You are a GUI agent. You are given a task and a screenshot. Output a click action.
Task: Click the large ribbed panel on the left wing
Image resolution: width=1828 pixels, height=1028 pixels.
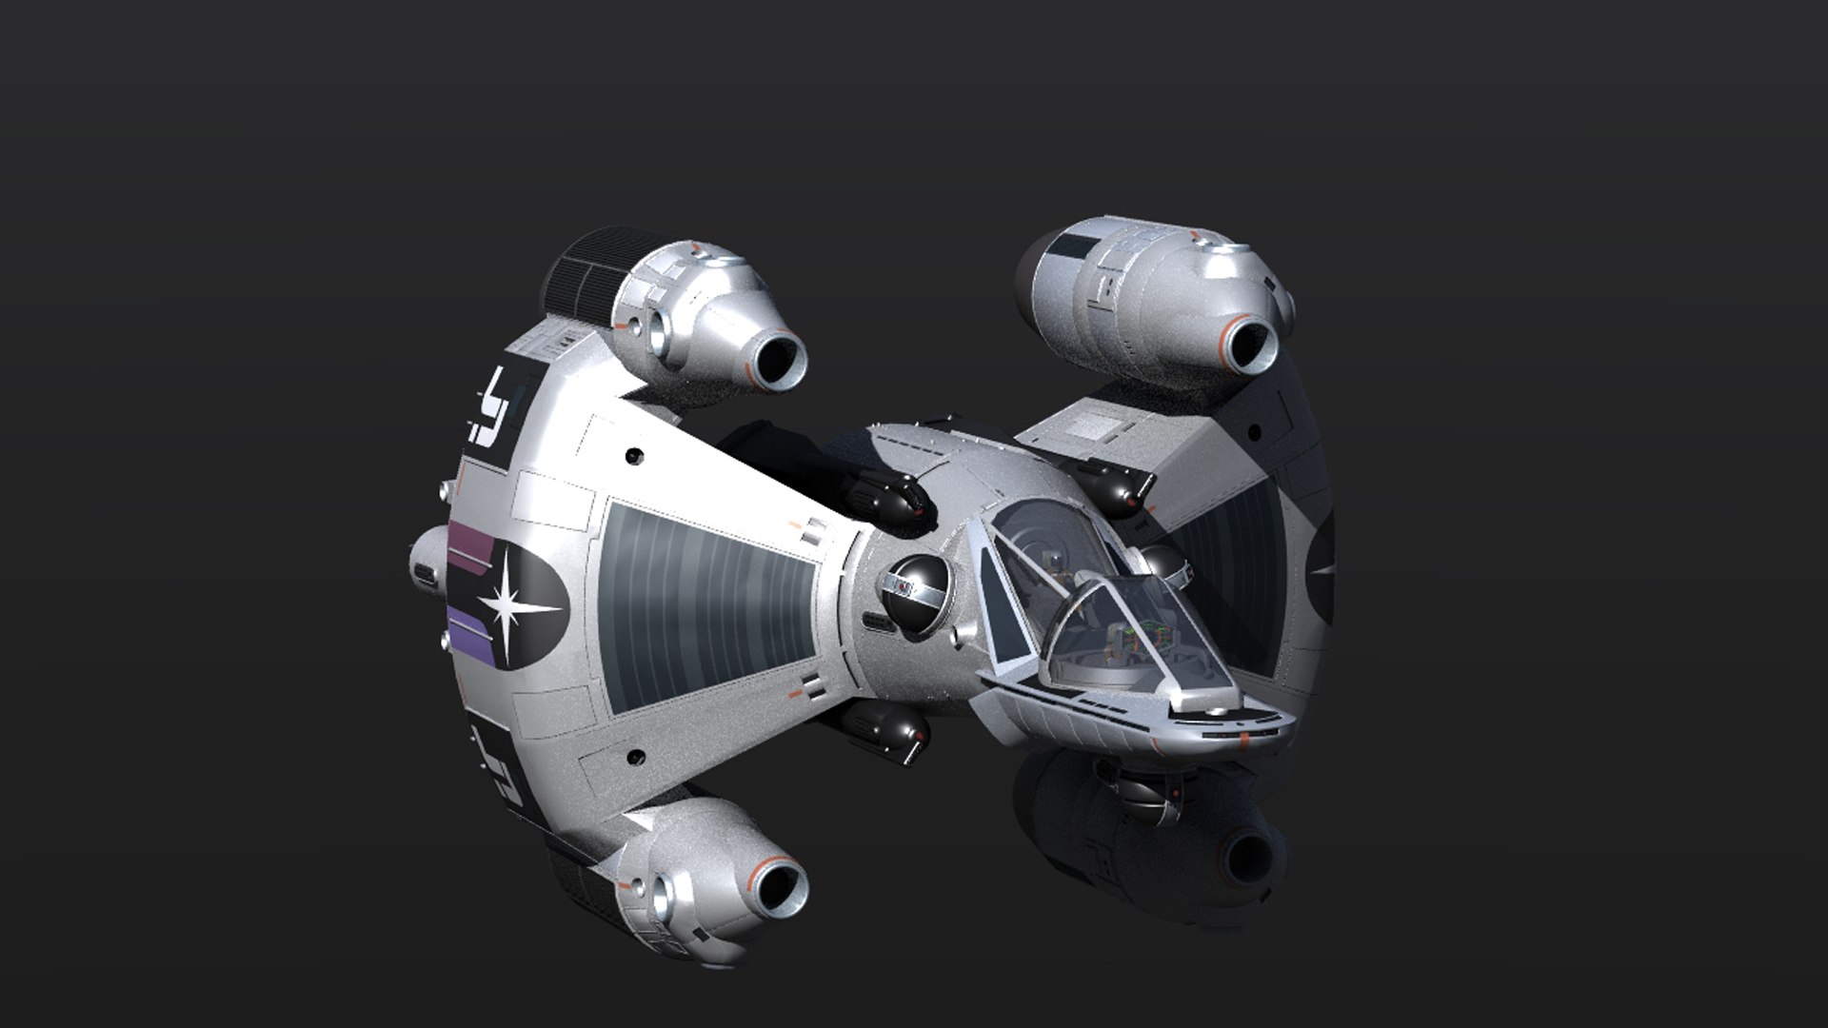(705, 608)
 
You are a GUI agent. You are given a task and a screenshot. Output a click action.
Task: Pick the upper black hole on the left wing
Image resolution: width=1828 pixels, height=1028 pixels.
(630, 458)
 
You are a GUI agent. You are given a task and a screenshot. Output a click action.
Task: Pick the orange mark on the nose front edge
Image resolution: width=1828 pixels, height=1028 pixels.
(1245, 738)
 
